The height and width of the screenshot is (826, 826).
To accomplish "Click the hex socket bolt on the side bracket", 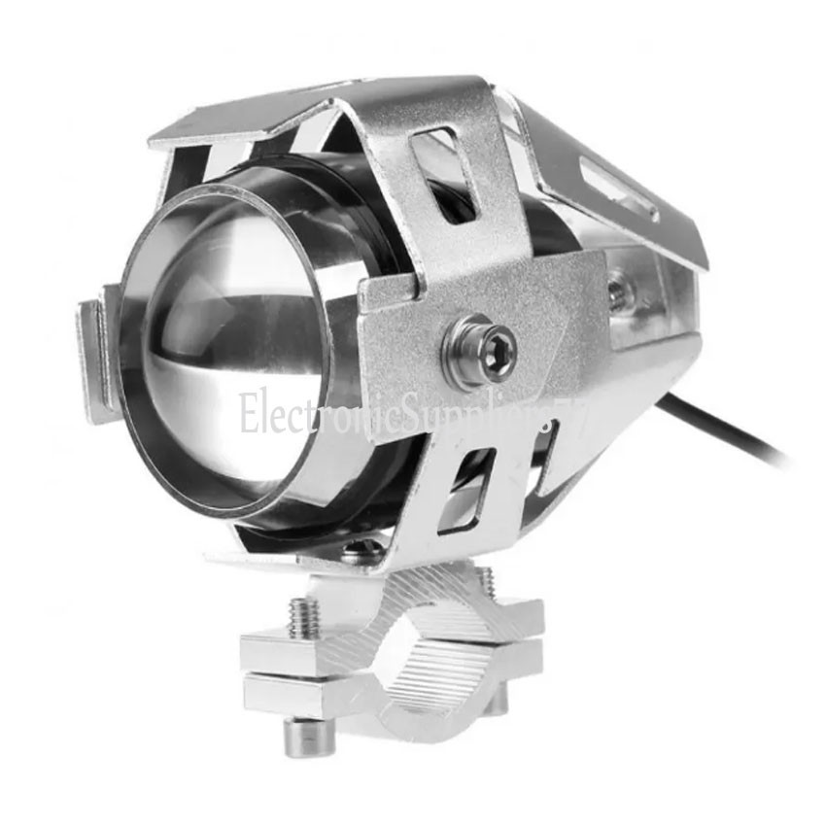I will coord(479,348).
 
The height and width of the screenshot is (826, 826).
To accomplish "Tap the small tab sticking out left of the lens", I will coord(97,360).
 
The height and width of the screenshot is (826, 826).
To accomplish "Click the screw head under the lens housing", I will coord(361,551).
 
